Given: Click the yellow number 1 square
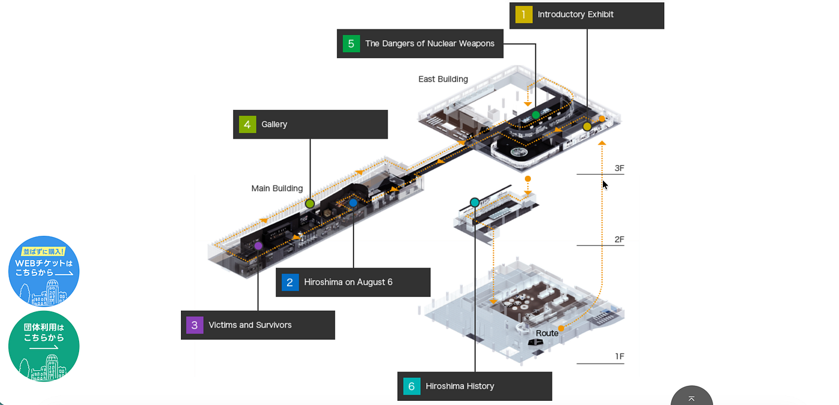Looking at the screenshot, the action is [x=524, y=14].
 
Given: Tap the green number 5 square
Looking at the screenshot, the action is [x=351, y=43].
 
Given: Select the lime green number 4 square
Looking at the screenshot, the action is [x=247, y=124].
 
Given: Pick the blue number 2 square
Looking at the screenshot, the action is [x=290, y=283].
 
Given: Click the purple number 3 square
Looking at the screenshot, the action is [x=195, y=325].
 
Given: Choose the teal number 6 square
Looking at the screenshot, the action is [x=412, y=386].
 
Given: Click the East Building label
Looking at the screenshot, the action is [x=443, y=79].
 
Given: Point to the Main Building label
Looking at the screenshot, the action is [x=277, y=188].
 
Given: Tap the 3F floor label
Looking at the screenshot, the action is [x=619, y=168].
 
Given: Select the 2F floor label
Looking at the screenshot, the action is [x=619, y=239].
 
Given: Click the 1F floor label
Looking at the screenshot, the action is [x=620, y=356].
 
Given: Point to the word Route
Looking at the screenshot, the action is [x=547, y=333].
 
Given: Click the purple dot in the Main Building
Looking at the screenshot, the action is [x=258, y=246].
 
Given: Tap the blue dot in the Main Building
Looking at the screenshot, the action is [x=353, y=203].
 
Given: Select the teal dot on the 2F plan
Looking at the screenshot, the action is [x=475, y=203].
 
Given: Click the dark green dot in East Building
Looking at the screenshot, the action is [x=536, y=115].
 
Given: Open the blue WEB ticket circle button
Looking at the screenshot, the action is [x=44, y=271].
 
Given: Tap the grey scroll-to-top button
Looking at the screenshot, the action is [x=692, y=397].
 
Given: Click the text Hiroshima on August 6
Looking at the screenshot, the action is [x=348, y=282].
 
